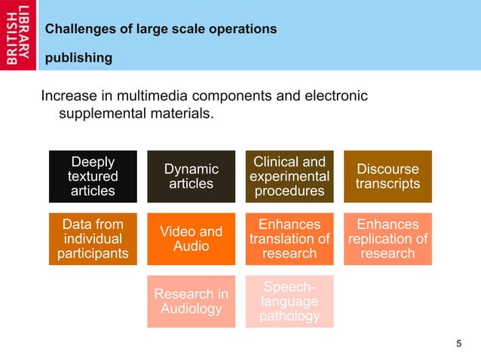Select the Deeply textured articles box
93,176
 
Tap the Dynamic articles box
191,176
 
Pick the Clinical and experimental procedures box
289,176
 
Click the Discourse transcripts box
388,176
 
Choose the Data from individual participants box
93,239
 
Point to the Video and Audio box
191,239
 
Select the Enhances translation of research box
289,239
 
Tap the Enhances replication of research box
388,239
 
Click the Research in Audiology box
191,301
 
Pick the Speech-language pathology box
289,301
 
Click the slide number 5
458,344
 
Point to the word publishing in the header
78,57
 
